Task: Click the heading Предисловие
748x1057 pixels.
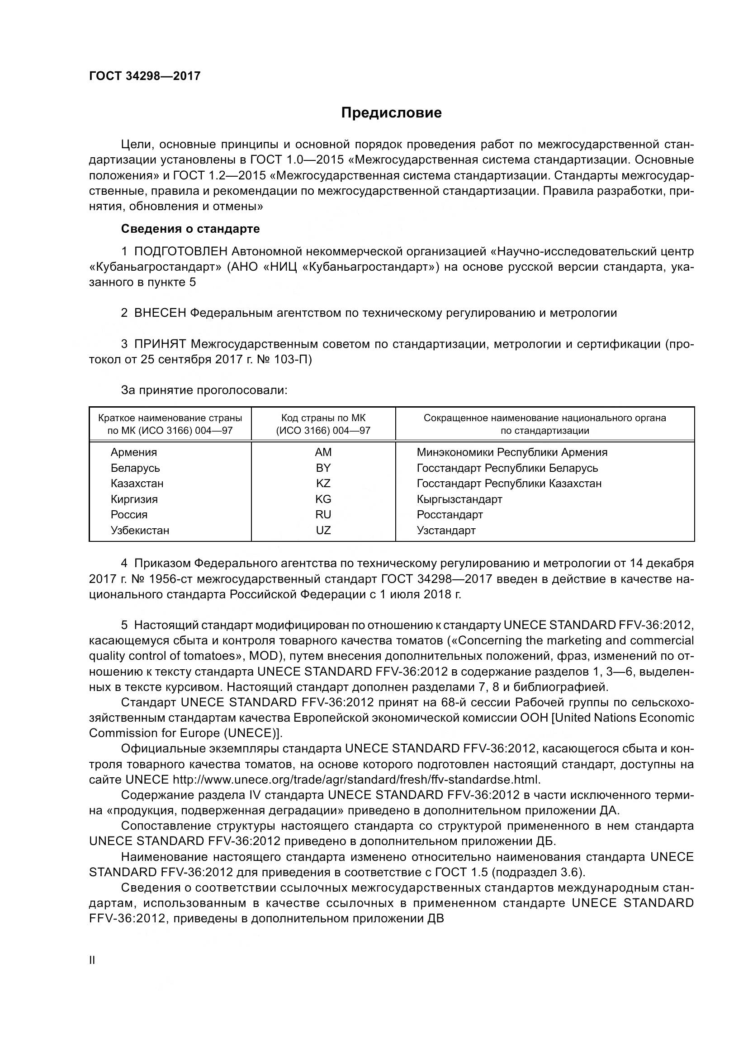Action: coord(391,113)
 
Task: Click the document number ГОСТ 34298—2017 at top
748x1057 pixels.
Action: coord(145,76)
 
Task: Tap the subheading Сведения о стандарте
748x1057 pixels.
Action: coord(190,229)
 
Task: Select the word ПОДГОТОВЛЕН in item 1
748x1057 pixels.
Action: coord(180,251)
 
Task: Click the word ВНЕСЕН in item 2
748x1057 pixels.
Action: coord(160,313)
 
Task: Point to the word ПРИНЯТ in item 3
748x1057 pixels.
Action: coord(160,344)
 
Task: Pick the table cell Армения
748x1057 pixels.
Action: coord(133,452)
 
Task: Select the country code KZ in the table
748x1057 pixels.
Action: coord(323,484)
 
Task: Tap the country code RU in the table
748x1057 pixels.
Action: coord(323,515)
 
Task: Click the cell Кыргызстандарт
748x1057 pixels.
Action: coord(459,499)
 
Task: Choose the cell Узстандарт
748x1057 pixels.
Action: coord(446,531)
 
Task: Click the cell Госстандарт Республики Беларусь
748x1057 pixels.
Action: coord(507,468)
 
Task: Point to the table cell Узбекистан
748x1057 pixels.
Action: coord(140,531)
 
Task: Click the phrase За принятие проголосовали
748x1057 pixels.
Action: coord(204,390)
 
